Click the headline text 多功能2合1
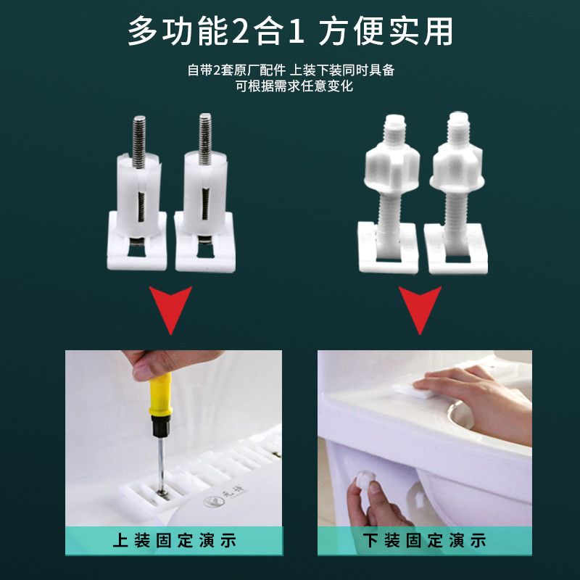[216, 31]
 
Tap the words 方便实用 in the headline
[386, 31]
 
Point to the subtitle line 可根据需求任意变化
[294, 86]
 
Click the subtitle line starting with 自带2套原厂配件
[291, 70]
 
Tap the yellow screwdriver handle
[160, 394]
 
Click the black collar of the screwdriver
[161, 426]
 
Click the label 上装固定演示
[174, 540]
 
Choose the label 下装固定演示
[424, 540]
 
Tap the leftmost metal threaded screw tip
[139, 141]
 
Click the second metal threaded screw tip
[205, 138]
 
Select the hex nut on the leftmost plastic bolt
[392, 167]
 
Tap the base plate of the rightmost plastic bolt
[456, 249]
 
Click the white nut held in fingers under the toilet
[365, 483]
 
